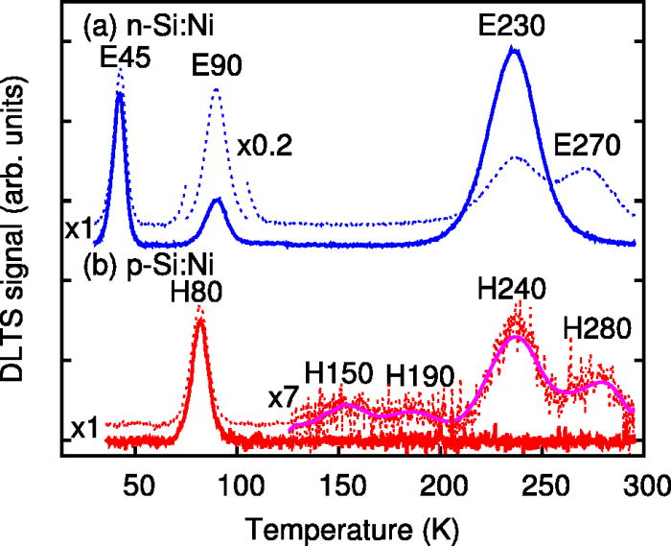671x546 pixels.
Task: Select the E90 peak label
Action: point(216,65)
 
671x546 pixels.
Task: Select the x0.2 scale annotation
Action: point(265,145)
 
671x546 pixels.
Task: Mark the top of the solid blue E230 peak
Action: point(514,49)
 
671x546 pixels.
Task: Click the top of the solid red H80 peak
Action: point(199,320)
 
